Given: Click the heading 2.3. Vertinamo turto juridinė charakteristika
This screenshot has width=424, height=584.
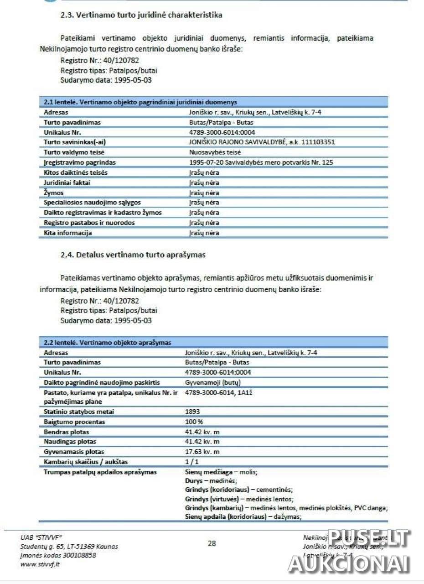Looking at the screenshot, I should (x=141, y=15).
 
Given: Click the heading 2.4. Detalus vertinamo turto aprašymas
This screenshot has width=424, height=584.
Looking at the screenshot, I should (x=133, y=255).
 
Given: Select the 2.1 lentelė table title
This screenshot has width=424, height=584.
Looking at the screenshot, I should (x=140, y=102).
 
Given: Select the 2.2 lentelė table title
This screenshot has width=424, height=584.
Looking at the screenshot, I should (x=107, y=342).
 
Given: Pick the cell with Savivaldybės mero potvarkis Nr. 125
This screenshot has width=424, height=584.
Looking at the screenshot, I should (x=261, y=162).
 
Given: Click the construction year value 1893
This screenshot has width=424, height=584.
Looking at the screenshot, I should (x=192, y=412).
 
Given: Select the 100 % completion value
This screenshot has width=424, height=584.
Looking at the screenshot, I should (x=194, y=422).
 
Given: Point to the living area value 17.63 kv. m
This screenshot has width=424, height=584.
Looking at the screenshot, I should (x=202, y=452).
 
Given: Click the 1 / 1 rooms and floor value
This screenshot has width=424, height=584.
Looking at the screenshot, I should (x=192, y=462).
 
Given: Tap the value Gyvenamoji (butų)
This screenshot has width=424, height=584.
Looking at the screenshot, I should (x=213, y=382).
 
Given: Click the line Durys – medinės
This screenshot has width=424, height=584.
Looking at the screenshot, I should (x=211, y=481).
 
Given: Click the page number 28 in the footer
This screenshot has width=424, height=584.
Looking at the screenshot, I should (x=212, y=543).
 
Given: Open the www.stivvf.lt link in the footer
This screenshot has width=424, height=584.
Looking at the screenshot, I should (x=40, y=564).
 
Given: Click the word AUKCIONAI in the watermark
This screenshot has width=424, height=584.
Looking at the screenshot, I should (x=349, y=564).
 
